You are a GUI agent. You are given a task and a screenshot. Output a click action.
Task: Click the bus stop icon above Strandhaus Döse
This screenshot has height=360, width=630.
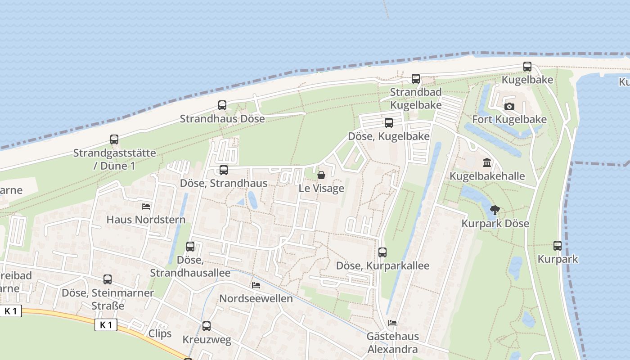[222, 105]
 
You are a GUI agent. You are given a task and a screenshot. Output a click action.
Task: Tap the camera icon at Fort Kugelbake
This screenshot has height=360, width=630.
[509, 107]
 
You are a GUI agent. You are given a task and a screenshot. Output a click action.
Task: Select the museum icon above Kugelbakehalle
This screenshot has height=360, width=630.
[487, 162]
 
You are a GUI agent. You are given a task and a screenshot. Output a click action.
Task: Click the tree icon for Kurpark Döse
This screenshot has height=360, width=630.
[495, 210]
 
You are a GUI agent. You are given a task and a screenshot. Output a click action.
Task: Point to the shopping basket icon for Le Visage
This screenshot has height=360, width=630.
[321, 175]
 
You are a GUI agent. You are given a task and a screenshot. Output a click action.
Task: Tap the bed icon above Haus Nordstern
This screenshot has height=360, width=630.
[146, 207]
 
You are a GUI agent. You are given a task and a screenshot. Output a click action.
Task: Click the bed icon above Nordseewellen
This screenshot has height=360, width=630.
[256, 285]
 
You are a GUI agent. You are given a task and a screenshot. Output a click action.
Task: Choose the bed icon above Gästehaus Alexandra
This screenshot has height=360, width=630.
[392, 323]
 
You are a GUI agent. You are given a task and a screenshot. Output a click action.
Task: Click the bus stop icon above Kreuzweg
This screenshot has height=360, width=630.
[207, 326]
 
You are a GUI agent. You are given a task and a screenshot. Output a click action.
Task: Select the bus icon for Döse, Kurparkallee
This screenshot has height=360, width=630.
[382, 252]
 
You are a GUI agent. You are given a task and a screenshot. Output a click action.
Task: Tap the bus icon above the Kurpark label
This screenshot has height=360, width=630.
[558, 246]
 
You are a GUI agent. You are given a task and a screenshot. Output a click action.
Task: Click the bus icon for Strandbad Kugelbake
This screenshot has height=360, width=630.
[416, 79]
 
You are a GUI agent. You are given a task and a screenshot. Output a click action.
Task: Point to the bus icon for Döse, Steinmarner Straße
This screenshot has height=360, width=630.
[108, 279]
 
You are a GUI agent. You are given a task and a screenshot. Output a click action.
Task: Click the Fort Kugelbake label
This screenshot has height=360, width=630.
[509, 119]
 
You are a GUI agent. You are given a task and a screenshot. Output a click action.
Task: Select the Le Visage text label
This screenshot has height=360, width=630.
[321, 188]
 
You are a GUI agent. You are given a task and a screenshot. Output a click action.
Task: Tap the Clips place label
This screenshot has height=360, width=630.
[160, 333]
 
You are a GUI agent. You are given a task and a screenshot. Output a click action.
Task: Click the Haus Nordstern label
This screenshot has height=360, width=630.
[146, 220]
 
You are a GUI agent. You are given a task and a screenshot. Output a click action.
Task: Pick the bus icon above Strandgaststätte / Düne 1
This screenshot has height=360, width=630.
[114, 139]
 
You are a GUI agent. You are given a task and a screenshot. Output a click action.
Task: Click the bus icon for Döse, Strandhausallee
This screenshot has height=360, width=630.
[190, 247]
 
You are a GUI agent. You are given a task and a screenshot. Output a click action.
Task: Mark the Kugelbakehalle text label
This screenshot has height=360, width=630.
[487, 176]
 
